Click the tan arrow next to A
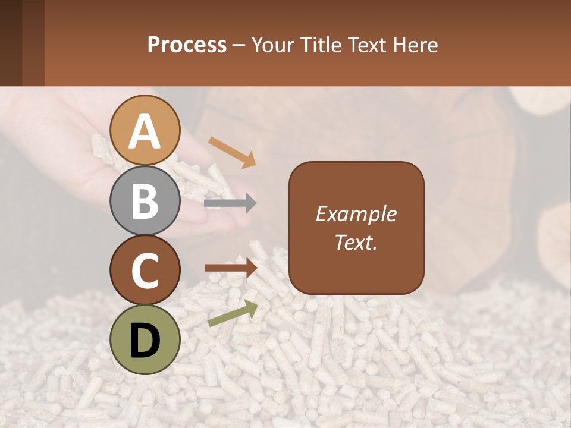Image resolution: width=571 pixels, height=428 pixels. [232, 151]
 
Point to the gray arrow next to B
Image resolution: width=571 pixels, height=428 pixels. [230, 203]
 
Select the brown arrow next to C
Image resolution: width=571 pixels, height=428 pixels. [231, 268]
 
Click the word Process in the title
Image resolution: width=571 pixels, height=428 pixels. [187, 45]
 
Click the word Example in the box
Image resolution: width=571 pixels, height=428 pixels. [356, 214]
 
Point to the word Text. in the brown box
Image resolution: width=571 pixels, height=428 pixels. [356, 242]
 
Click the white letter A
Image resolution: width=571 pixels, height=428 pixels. [145, 132]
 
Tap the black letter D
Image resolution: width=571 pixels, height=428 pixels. [145, 340]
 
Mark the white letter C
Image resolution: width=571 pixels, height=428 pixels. [145, 270]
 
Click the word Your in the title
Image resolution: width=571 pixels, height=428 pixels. [271, 45]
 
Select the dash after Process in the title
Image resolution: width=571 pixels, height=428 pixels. [239, 46]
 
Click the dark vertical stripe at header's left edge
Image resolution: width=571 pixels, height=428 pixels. [11, 43]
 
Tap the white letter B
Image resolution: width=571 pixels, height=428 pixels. [145, 200]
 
